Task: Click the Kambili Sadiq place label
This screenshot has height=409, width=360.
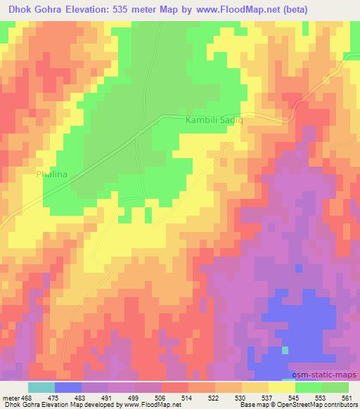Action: point(214,121)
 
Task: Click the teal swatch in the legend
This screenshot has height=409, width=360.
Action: point(41,387)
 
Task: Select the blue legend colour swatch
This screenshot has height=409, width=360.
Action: point(69,387)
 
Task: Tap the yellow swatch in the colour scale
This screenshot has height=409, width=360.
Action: point(281,387)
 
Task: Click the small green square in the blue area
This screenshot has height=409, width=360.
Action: point(285,349)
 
